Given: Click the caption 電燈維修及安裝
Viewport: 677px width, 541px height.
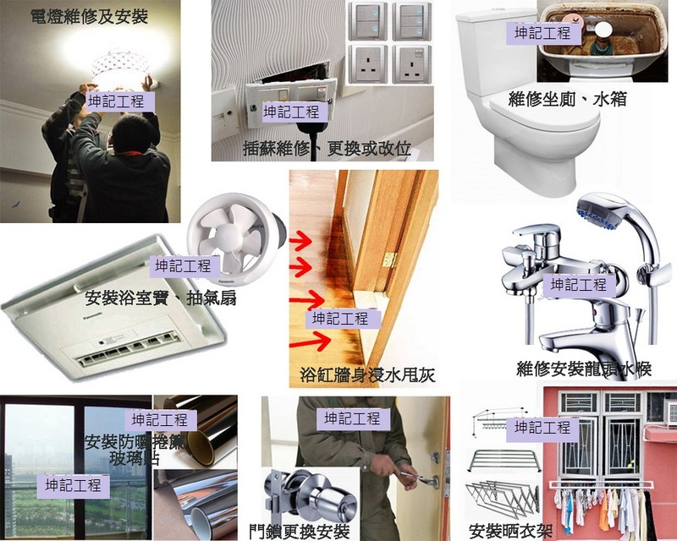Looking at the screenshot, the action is click(x=90, y=16).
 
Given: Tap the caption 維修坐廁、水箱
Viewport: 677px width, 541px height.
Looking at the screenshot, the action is click(x=567, y=99).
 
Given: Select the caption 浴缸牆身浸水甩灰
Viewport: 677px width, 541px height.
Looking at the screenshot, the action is click(x=367, y=375).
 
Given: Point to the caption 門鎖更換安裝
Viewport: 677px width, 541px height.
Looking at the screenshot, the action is click(x=300, y=531).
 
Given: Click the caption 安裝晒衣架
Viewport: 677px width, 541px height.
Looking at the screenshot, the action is click(x=510, y=531).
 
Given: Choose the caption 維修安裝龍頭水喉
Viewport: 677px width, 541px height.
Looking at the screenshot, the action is click(x=584, y=369).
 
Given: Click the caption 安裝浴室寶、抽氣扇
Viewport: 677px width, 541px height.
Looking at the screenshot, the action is click(x=160, y=298).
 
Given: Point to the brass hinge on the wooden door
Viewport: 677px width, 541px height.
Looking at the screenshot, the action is click(x=389, y=260).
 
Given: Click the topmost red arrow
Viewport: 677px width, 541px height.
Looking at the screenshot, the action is click(x=300, y=239).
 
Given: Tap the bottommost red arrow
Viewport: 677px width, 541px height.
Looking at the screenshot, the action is click(x=310, y=342).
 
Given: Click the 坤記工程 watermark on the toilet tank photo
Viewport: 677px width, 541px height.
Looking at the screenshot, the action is click(x=543, y=33).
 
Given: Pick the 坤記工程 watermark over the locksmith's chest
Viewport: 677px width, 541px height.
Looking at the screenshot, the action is click(x=353, y=418).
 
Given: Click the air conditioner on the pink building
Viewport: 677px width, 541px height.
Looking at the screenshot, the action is click(x=669, y=412).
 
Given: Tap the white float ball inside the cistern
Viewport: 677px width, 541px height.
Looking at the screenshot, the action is click(x=603, y=30).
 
